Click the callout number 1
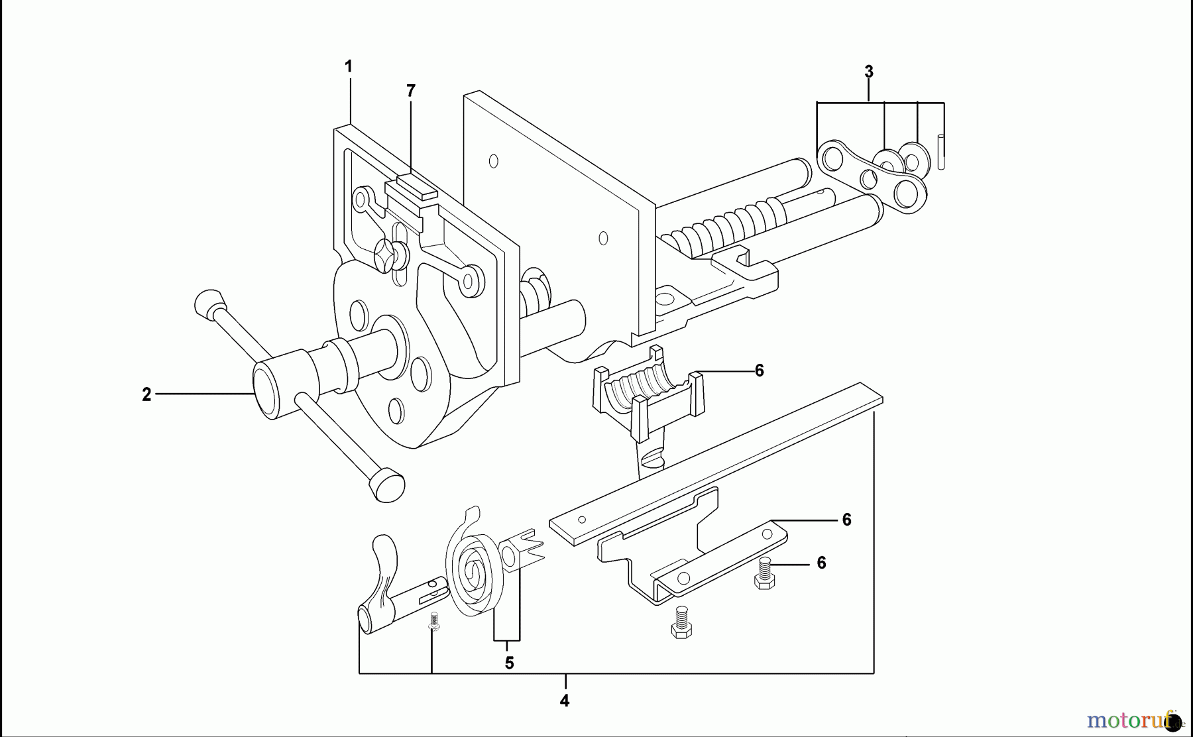click(349, 66)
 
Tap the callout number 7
click(411, 91)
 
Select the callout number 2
click(146, 394)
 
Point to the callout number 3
click(869, 72)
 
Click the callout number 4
click(564, 701)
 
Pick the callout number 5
click(509, 663)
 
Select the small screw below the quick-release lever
click(434, 621)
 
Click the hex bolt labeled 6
click(765, 574)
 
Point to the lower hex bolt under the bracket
click(681, 622)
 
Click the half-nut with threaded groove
click(648, 398)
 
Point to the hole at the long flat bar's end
click(581, 520)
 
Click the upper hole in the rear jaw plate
click(493, 160)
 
